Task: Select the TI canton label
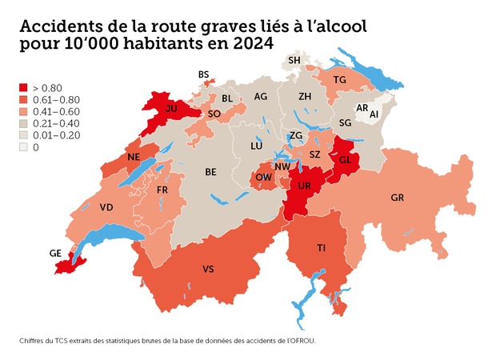tap(321, 249)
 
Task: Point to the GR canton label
tap(398, 197)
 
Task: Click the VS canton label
tap(208, 268)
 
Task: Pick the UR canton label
tap(305, 185)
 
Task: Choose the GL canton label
tap(346, 159)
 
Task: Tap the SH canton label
tap(294, 60)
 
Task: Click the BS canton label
tap(203, 74)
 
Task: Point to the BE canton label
tap(210, 171)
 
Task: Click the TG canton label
tap(339, 79)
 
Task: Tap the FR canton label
tap(162, 190)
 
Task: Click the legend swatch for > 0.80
tap(23, 87)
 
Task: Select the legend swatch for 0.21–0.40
tap(23, 123)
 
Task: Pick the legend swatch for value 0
tap(23, 147)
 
